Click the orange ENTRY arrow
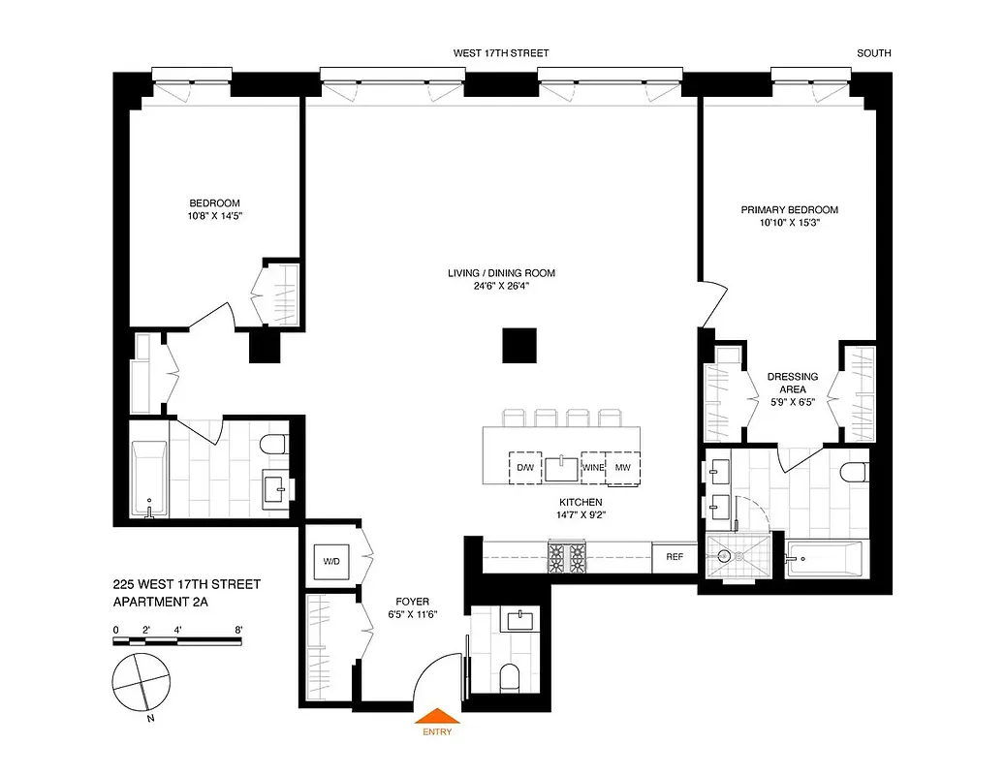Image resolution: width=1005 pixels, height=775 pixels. point(437,715)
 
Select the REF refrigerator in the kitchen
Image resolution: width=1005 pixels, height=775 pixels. point(674,557)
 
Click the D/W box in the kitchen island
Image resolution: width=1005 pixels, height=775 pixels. point(524,468)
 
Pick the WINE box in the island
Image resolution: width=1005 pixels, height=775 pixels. point(593,468)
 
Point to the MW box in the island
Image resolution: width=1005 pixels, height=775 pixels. point(623,468)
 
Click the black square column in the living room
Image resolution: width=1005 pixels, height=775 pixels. point(518,345)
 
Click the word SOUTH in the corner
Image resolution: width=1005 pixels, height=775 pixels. point(873,54)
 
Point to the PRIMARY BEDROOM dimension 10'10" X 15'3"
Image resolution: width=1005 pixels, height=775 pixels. point(789,224)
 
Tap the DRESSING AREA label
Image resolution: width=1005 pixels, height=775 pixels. point(792,383)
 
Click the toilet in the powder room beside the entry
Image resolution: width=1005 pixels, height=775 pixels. point(509,677)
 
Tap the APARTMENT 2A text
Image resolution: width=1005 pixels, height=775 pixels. point(160,602)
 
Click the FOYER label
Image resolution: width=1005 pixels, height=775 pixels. point(420,602)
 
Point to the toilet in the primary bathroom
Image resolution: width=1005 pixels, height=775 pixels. point(853,474)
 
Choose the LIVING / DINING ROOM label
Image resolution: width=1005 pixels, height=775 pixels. point(501,273)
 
